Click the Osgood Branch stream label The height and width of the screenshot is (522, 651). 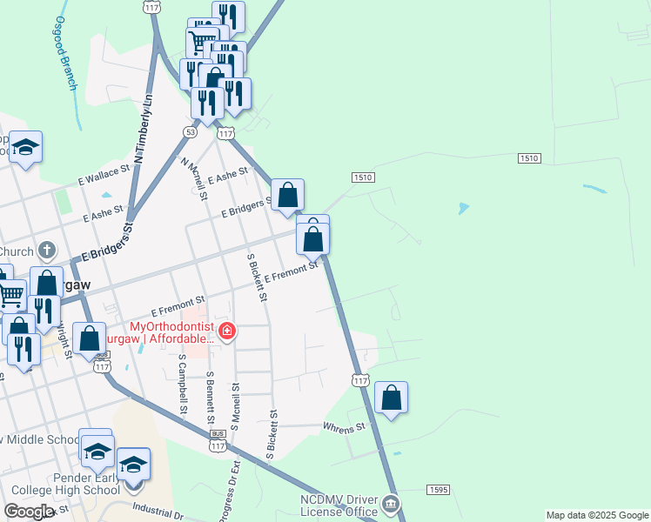click(66, 53)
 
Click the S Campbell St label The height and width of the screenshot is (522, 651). click(183, 383)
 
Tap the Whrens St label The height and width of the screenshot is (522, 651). click(343, 428)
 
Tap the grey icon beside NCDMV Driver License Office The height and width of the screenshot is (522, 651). click(391, 504)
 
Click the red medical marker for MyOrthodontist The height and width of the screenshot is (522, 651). click(227, 331)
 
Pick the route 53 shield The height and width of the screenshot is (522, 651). click(190, 131)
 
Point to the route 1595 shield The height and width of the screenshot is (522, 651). click(438, 491)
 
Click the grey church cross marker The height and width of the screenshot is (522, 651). click(48, 251)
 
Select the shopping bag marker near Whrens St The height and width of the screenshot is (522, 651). click(392, 398)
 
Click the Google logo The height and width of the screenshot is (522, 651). click(29, 512)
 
